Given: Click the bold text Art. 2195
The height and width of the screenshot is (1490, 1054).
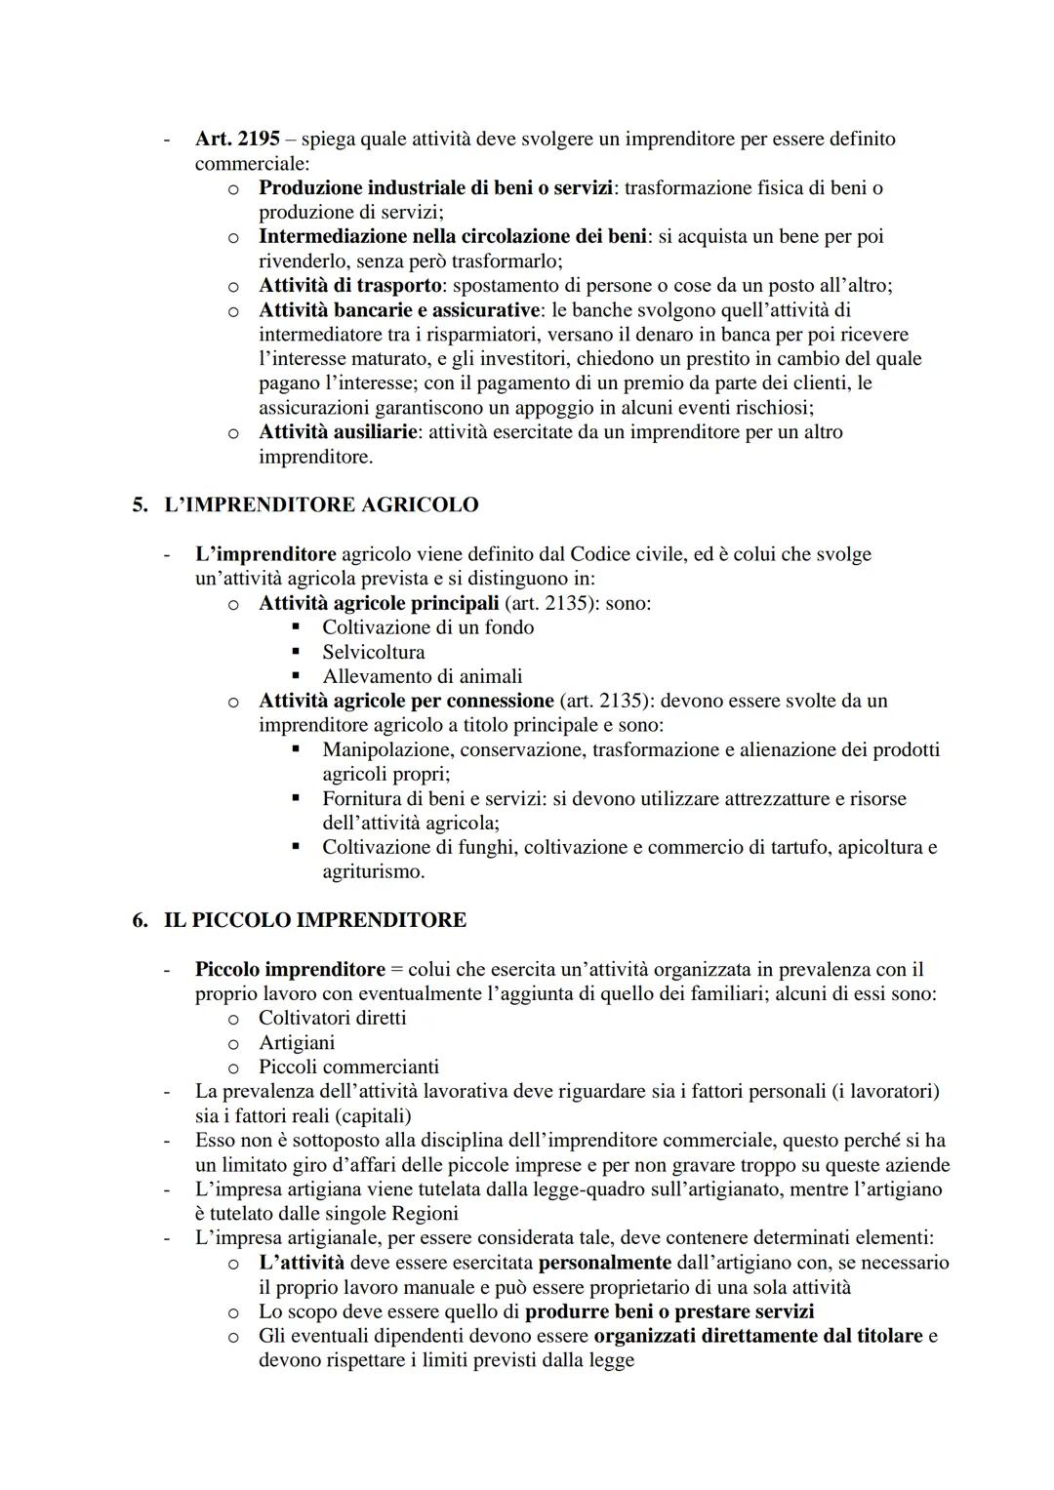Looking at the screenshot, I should pos(237,139).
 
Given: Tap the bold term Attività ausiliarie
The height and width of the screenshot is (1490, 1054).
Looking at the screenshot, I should pos(338,431).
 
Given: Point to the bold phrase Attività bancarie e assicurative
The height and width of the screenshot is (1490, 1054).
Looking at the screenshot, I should pos(398,309).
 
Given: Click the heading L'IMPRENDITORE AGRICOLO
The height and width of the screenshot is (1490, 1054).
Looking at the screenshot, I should pos(321,504).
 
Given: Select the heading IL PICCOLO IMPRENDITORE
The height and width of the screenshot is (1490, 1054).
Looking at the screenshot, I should pos(314,919).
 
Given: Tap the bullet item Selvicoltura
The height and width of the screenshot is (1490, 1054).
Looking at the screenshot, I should pos(373,652).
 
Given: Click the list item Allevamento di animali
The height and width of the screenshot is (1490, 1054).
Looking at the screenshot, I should pos(422,676).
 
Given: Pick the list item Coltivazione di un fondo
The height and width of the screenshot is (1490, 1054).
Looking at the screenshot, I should pos(427,627).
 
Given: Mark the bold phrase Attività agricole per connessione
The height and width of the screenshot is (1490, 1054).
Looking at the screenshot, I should pos(406,701).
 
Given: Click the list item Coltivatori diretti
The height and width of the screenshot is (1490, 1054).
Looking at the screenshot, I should pos(332,1018).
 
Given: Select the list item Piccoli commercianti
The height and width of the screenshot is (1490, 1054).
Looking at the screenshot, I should pos(348,1067).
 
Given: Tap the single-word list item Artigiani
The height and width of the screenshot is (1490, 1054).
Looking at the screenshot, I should pos(297,1042).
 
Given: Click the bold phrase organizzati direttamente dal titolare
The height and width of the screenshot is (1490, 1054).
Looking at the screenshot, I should pos(757,1335).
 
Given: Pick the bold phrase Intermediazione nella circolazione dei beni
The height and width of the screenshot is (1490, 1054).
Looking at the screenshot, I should pos(452,236).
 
